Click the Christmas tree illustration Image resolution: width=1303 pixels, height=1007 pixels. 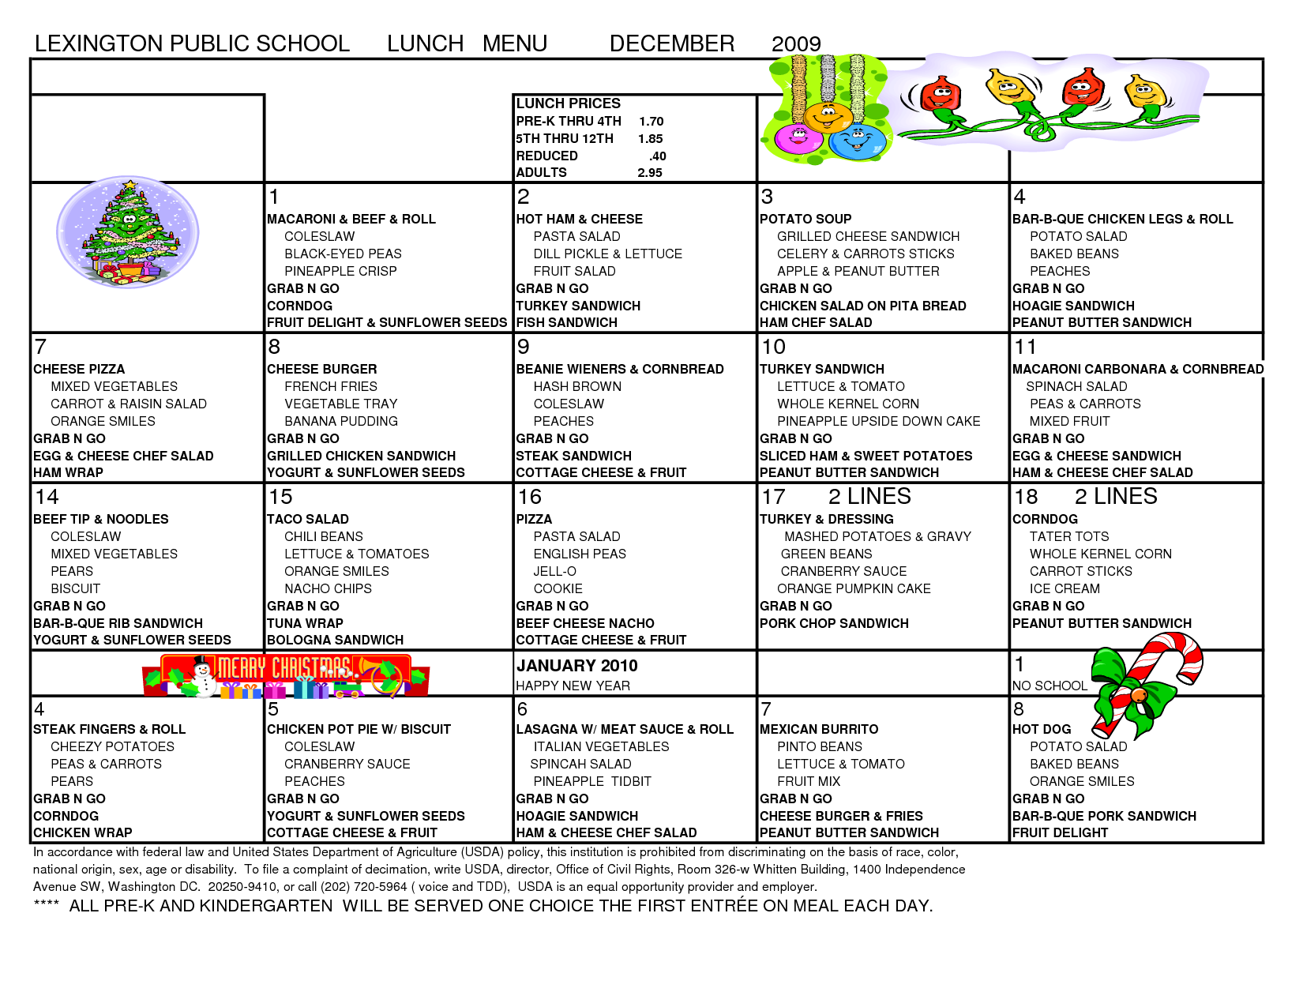coord(128,231)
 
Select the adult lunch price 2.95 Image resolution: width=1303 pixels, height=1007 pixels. coord(650,173)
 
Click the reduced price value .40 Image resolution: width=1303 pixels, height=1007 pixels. coord(657,156)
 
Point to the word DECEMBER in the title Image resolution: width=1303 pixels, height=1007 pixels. coord(672,43)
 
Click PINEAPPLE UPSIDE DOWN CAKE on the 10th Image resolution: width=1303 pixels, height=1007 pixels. coord(878,421)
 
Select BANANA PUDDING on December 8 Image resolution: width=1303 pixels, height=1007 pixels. coord(340,421)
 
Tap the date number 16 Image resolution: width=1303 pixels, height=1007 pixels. coord(530,497)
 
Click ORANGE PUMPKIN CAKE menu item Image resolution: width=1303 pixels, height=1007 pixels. coord(854,588)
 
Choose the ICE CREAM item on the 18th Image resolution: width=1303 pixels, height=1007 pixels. coord(1064,588)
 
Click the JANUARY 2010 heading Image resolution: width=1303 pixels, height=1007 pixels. coord(576,666)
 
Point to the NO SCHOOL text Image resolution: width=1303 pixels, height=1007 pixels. coord(1050,686)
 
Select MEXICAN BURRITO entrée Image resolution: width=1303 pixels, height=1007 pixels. coord(818,729)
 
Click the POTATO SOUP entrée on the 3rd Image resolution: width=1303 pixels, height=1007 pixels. coord(805,219)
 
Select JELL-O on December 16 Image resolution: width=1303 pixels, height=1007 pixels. coord(554,571)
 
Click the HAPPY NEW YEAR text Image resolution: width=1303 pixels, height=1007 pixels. coord(573,686)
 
